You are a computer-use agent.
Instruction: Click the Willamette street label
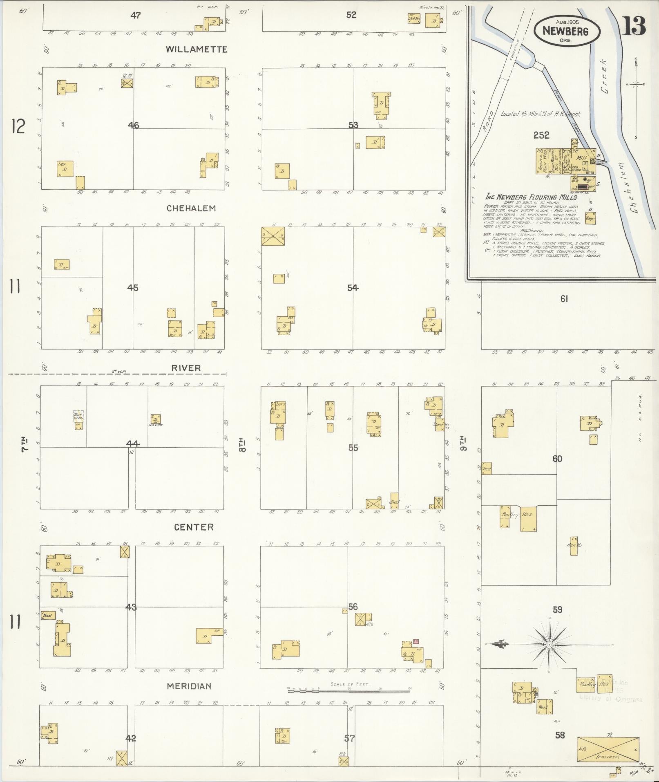[196, 49]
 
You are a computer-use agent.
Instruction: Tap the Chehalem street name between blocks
[191, 208]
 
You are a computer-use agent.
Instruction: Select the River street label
[186, 368]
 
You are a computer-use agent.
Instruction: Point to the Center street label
[194, 527]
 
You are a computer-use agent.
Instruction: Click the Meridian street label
[189, 686]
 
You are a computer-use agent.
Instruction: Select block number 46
[133, 125]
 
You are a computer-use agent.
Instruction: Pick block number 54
[353, 288]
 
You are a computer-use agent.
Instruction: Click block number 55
[353, 448]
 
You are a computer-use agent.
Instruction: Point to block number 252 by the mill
[541, 135]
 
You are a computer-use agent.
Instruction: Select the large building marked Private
[608, 749]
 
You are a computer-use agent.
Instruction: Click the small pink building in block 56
[416, 642]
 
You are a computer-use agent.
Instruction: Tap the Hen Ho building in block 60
[574, 545]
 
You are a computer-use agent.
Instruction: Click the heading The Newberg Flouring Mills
[531, 197]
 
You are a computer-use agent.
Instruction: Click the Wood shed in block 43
[48, 615]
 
